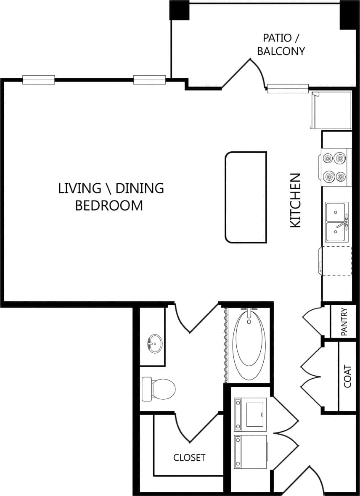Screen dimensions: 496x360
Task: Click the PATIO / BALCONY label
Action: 281,45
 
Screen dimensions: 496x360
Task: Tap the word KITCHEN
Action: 296,201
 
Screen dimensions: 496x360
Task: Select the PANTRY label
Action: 344,322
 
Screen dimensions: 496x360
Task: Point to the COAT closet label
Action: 347,376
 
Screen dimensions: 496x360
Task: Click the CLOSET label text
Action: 189,457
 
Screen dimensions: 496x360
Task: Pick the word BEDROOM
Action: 109,206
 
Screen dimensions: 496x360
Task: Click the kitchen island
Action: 246,197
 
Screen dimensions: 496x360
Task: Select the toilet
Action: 159,388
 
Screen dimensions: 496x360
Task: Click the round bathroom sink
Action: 154,344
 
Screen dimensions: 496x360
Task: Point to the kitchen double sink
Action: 337,222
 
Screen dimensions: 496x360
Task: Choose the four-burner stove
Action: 336,167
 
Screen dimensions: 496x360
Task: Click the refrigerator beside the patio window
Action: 331,111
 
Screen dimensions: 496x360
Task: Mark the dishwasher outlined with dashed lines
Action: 336,261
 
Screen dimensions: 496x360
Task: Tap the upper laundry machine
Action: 251,414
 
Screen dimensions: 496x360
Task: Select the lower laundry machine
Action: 251,451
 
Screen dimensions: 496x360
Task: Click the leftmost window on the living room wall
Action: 38,80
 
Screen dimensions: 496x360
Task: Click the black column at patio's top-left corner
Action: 179,10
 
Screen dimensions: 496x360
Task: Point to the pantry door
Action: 312,322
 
